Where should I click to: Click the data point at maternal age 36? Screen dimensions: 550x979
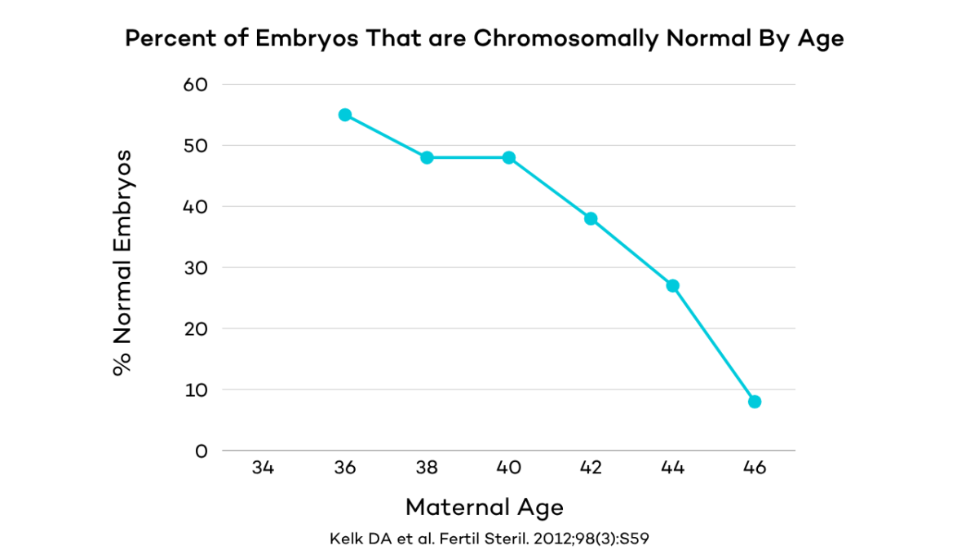(x=345, y=115)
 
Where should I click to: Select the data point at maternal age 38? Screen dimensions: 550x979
(x=427, y=157)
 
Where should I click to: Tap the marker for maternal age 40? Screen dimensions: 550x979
(x=509, y=157)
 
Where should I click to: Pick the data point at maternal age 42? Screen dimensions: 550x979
(x=591, y=218)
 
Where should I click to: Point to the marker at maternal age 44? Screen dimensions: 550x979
(x=673, y=286)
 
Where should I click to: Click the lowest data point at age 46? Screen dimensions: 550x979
(x=755, y=402)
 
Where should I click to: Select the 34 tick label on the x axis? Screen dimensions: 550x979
(x=263, y=469)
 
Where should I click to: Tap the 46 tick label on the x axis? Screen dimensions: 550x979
(x=755, y=469)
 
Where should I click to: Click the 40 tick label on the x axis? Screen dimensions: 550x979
(x=509, y=469)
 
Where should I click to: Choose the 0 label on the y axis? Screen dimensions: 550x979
(x=202, y=451)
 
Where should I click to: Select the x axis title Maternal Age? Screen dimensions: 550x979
(x=485, y=508)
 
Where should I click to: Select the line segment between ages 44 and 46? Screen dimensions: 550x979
(x=714, y=344)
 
